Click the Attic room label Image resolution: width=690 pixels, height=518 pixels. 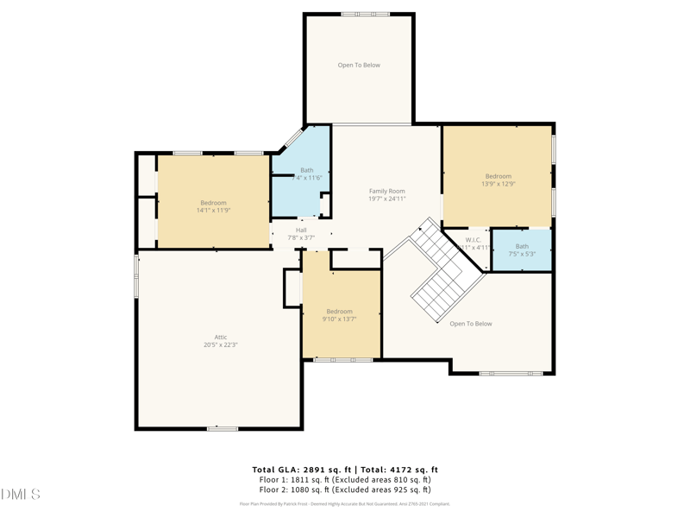pos(221,341)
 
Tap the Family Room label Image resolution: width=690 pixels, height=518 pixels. pos(386,195)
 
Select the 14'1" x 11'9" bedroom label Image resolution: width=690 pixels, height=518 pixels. pos(213,206)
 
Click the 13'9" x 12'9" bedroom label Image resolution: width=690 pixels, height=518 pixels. pos(498,180)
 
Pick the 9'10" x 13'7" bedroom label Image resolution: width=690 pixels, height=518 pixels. pos(339,315)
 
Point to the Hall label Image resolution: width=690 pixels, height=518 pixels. pos(301,233)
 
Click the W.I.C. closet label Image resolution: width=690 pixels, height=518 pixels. pos(474,243)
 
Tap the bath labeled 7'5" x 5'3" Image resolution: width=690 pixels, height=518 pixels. pos(522,250)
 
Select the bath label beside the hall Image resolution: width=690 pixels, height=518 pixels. pos(307,174)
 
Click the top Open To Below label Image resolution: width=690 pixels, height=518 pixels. pos(359,65)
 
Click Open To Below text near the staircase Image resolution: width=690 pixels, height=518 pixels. pos(471,324)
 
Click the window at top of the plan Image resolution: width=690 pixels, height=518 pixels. pos(365,14)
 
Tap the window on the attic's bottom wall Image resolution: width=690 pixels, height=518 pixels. pos(222,428)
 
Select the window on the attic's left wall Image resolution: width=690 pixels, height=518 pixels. pos(136,276)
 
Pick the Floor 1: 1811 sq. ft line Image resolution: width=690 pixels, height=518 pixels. pos(345,480)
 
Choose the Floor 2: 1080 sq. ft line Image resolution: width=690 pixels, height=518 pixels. pos(345,490)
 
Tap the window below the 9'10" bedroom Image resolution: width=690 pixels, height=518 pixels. pos(342,359)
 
